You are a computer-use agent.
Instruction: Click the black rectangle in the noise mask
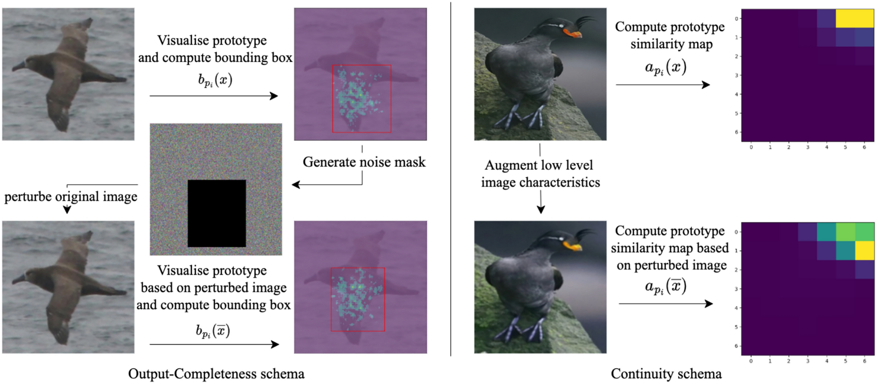(x=216, y=213)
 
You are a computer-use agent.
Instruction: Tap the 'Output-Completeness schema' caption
(x=216, y=374)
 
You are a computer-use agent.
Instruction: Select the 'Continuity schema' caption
(x=666, y=374)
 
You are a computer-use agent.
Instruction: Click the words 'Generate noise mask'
(x=364, y=162)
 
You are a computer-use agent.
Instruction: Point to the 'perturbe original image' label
(x=71, y=197)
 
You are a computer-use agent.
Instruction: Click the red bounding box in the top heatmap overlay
(x=362, y=98)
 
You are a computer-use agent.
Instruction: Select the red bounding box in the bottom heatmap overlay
(x=358, y=299)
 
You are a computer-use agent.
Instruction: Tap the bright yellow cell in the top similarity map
(x=855, y=19)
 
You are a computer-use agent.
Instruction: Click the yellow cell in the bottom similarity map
(x=864, y=251)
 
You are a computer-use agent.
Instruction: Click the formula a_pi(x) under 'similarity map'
(x=665, y=68)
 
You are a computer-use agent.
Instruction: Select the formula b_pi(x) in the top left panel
(x=215, y=80)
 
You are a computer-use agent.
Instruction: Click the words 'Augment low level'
(x=539, y=165)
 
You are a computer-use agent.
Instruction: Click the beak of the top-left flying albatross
(x=17, y=67)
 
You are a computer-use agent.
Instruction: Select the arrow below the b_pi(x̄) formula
(x=214, y=344)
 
